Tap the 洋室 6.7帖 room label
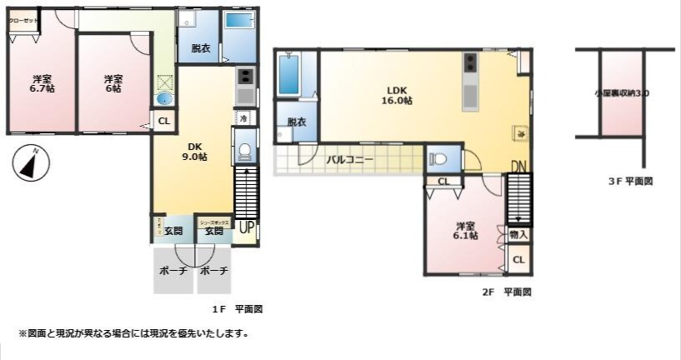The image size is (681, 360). (42, 83)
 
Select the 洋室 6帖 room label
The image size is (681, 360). (113, 83)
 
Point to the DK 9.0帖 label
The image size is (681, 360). (195, 151)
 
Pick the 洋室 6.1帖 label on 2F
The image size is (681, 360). (466, 230)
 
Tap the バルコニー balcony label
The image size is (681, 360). (349, 159)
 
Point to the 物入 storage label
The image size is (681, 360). (518, 236)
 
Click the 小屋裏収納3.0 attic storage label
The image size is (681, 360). (622, 94)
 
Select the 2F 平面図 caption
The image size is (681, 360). (507, 292)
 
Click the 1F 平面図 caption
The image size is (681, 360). (238, 308)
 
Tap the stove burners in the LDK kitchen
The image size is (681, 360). (470, 62)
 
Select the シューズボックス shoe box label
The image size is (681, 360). (214, 222)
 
